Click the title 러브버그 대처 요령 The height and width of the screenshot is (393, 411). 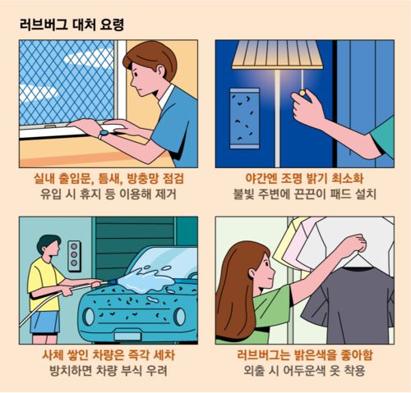click(x=72, y=25)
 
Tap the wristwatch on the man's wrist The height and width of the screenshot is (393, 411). click(x=104, y=134)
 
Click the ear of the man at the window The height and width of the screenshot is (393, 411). click(x=159, y=71)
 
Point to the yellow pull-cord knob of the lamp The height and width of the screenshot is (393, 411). click(x=302, y=93)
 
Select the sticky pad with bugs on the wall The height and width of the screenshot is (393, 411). click(x=245, y=118)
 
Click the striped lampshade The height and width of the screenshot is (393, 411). click(x=277, y=54)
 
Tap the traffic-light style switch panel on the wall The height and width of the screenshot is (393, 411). click(x=74, y=256)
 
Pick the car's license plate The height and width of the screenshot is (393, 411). click(x=128, y=336)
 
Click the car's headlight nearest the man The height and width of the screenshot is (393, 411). click(x=88, y=317)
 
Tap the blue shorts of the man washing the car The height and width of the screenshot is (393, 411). click(x=44, y=322)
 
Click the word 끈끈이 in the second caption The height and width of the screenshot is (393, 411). click(x=310, y=194)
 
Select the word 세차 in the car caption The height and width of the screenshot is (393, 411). click(x=164, y=355)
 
